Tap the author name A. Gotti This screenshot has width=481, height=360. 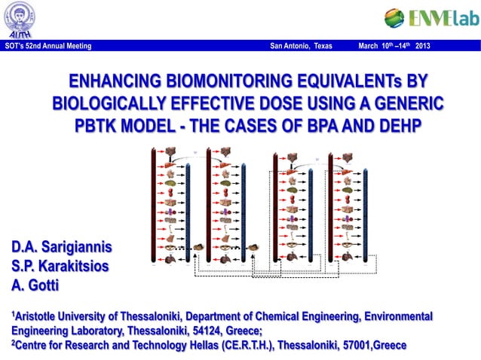pos(34,284)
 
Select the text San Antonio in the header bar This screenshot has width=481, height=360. pos(290,47)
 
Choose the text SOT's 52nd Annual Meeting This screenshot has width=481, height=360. pos(47,47)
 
